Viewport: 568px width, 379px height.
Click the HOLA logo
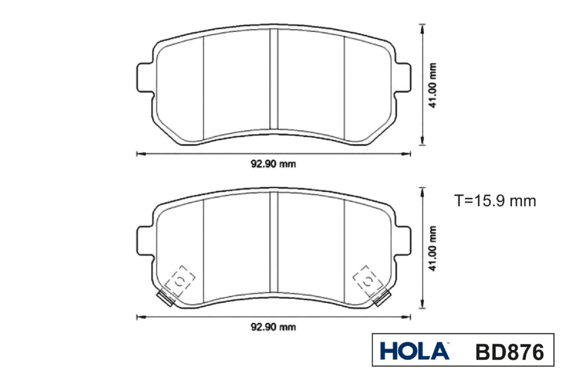[x=415, y=351]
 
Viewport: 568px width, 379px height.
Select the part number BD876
[x=509, y=352]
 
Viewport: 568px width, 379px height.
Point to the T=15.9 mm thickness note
[x=495, y=201]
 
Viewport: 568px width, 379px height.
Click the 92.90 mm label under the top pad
[x=274, y=164]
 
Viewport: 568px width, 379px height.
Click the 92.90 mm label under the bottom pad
[x=274, y=327]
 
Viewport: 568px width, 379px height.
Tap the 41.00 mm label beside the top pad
[x=432, y=85]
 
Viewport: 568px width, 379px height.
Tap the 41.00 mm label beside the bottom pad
[x=432, y=249]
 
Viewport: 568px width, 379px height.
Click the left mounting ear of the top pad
[x=145, y=77]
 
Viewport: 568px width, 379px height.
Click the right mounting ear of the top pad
[x=403, y=77]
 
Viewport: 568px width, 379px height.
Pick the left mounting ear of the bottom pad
[x=145, y=241]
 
